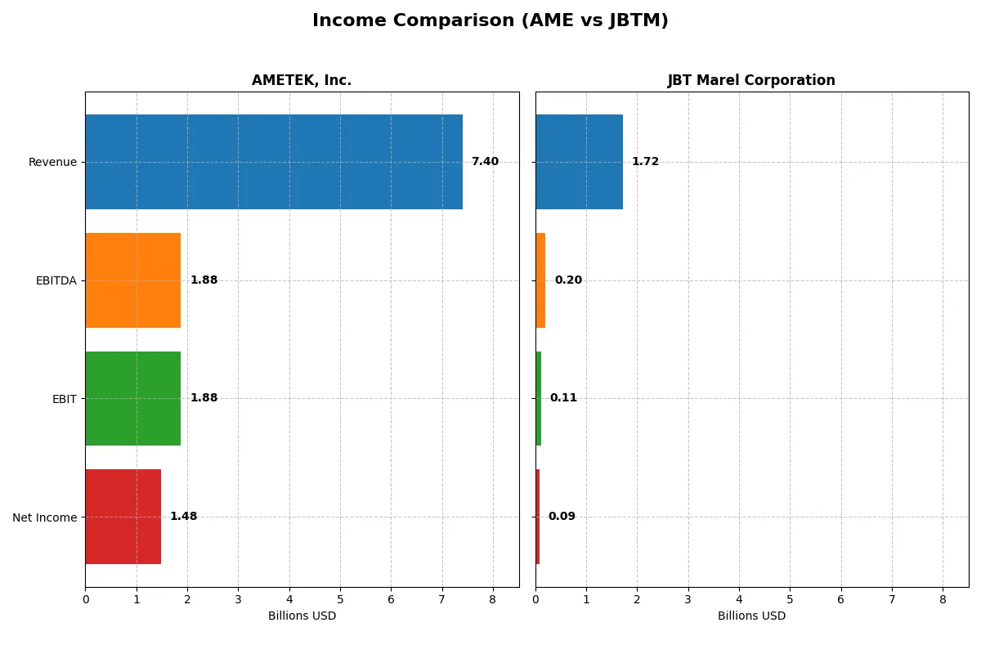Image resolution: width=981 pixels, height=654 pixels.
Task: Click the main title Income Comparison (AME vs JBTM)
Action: (x=490, y=21)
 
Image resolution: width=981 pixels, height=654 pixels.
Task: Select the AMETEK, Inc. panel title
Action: (x=302, y=80)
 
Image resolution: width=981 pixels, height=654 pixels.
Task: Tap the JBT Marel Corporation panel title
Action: (x=751, y=80)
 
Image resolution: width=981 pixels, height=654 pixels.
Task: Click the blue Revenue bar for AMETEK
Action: (x=274, y=162)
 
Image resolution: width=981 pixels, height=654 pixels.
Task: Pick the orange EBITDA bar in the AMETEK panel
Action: (x=132, y=280)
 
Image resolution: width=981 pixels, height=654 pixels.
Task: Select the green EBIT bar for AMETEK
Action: (x=132, y=398)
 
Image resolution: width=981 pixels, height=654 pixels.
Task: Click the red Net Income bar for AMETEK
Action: (x=123, y=517)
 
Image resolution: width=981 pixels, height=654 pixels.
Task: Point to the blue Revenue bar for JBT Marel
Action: (x=579, y=162)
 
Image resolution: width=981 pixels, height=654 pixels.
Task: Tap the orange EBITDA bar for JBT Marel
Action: (x=540, y=280)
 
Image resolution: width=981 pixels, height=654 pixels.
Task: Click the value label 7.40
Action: (x=485, y=162)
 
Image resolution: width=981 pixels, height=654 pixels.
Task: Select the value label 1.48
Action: (x=183, y=517)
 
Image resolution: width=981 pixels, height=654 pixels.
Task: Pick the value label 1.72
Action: (x=645, y=162)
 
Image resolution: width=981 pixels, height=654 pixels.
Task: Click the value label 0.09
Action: (x=562, y=517)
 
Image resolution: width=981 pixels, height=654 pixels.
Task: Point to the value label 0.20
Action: (x=568, y=280)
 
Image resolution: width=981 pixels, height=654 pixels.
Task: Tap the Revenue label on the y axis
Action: (x=52, y=162)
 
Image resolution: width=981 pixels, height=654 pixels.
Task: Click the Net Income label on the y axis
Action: (x=44, y=517)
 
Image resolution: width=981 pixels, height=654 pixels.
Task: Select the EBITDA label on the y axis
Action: (x=56, y=280)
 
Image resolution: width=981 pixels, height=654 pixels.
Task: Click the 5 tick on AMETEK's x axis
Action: (x=340, y=599)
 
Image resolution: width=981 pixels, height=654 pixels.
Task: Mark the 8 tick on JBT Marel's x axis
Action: (x=943, y=599)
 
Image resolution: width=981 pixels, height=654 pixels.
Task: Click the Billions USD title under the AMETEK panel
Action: (x=302, y=616)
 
